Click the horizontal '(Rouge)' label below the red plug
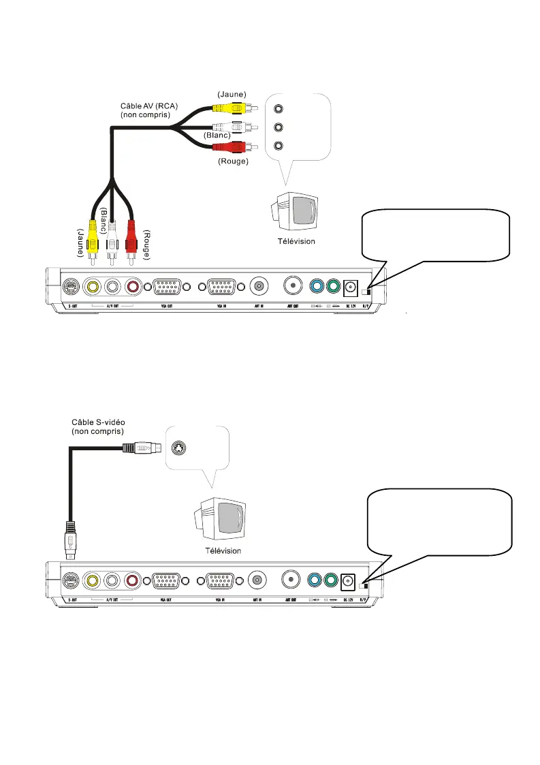pyautogui.click(x=233, y=161)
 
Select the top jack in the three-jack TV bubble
pyautogui.click(x=278, y=108)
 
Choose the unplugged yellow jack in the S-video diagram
pyautogui.click(x=92, y=580)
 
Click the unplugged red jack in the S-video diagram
pyautogui.click(x=131, y=580)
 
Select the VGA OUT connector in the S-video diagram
pyautogui.click(x=167, y=580)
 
